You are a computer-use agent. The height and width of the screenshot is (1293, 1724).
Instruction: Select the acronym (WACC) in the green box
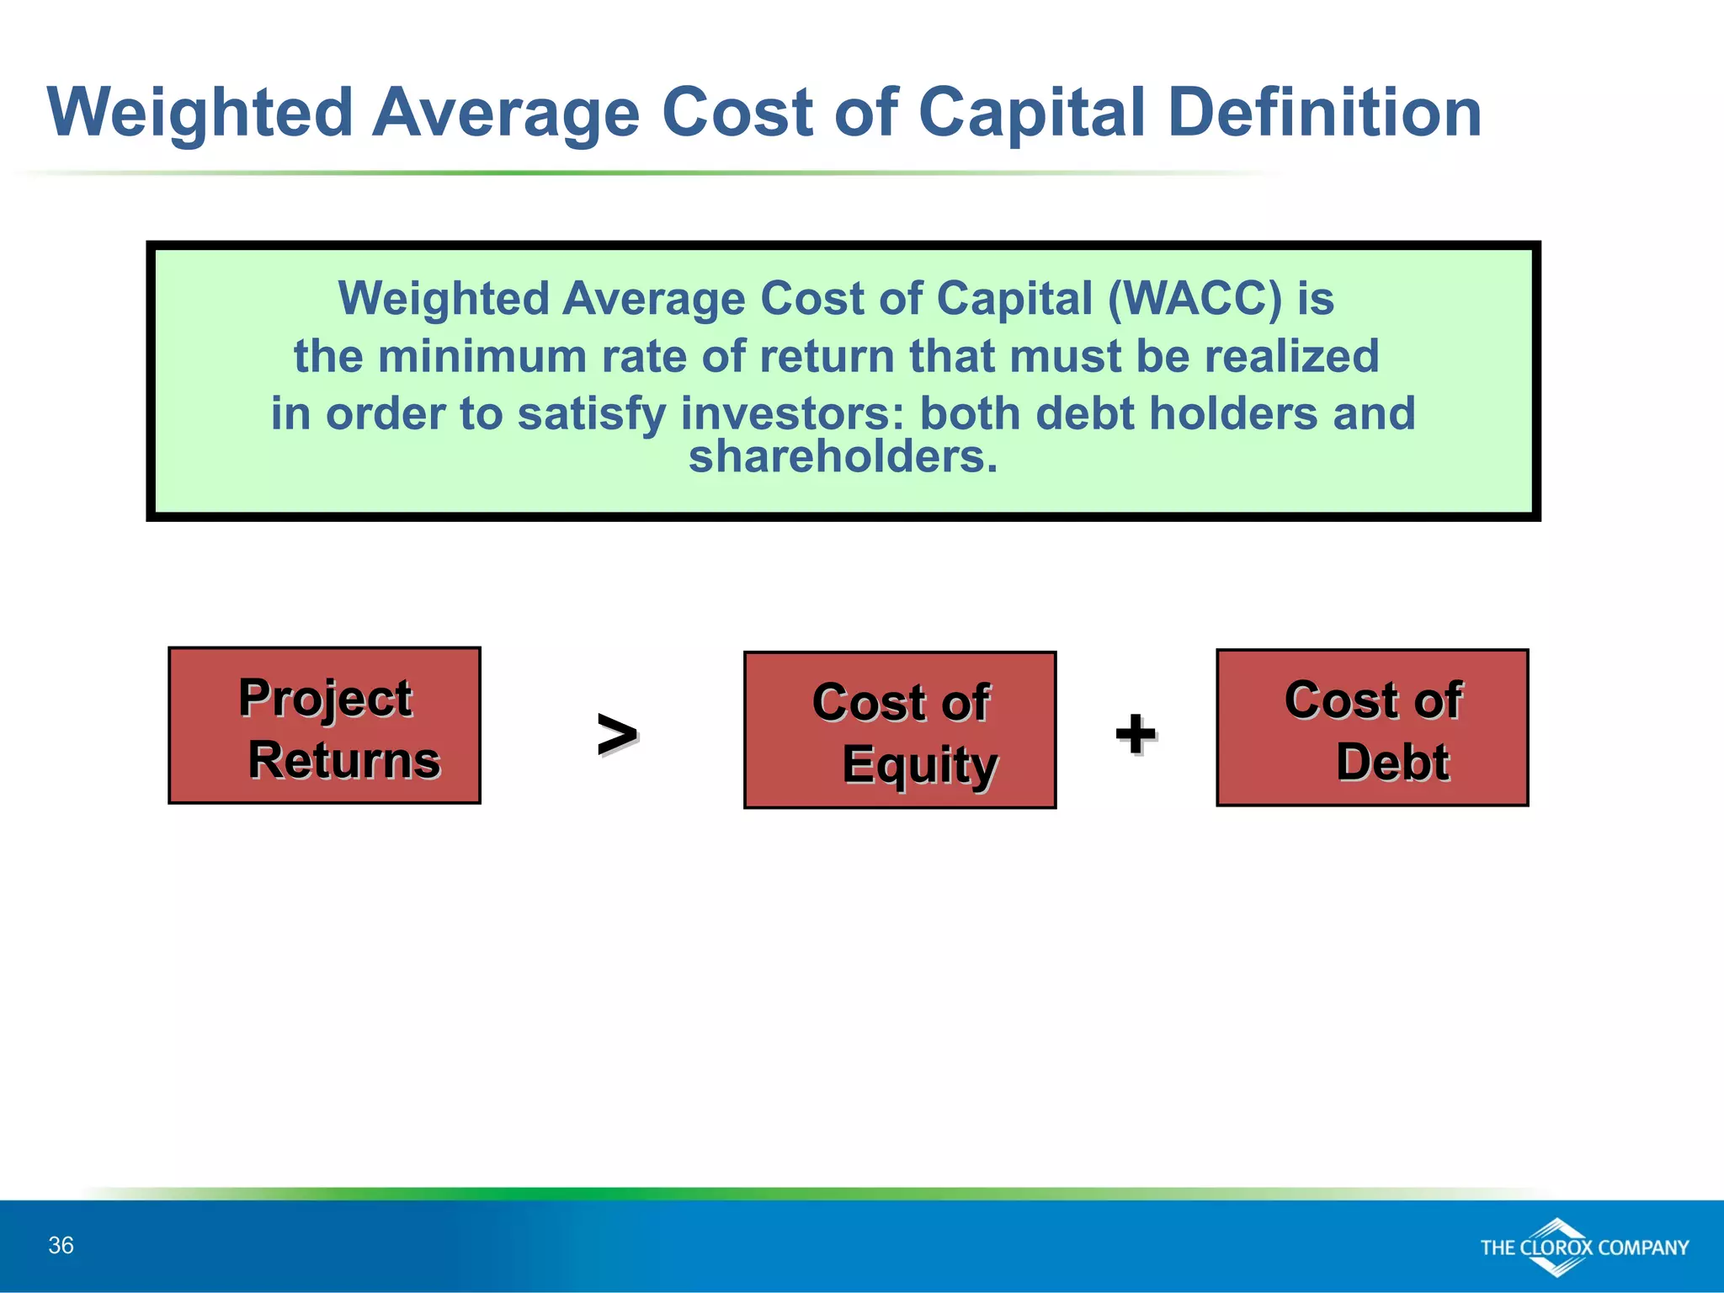click(1195, 299)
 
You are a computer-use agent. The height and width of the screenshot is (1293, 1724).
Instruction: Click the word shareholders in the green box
click(843, 457)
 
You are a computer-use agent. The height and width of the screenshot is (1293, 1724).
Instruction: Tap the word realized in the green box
click(1291, 356)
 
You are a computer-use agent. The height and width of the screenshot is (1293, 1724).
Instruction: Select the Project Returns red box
click(324, 726)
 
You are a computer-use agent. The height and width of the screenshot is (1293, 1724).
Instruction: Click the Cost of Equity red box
click(900, 730)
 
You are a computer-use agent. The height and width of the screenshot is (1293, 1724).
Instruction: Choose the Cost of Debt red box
click(1372, 727)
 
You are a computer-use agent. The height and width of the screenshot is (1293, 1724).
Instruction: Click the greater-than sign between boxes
click(616, 734)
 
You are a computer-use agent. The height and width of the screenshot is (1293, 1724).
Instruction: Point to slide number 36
click(61, 1245)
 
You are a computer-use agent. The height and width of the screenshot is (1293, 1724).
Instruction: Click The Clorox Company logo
click(1583, 1247)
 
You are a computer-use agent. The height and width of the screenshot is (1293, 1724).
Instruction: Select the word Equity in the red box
click(919, 764)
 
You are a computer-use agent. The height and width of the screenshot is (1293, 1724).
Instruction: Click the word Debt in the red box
click(1392, 762)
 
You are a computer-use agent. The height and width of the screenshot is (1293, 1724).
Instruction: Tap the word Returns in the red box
click(343, 759)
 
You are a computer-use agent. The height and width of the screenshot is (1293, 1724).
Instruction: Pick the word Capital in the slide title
click(1032, 114)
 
